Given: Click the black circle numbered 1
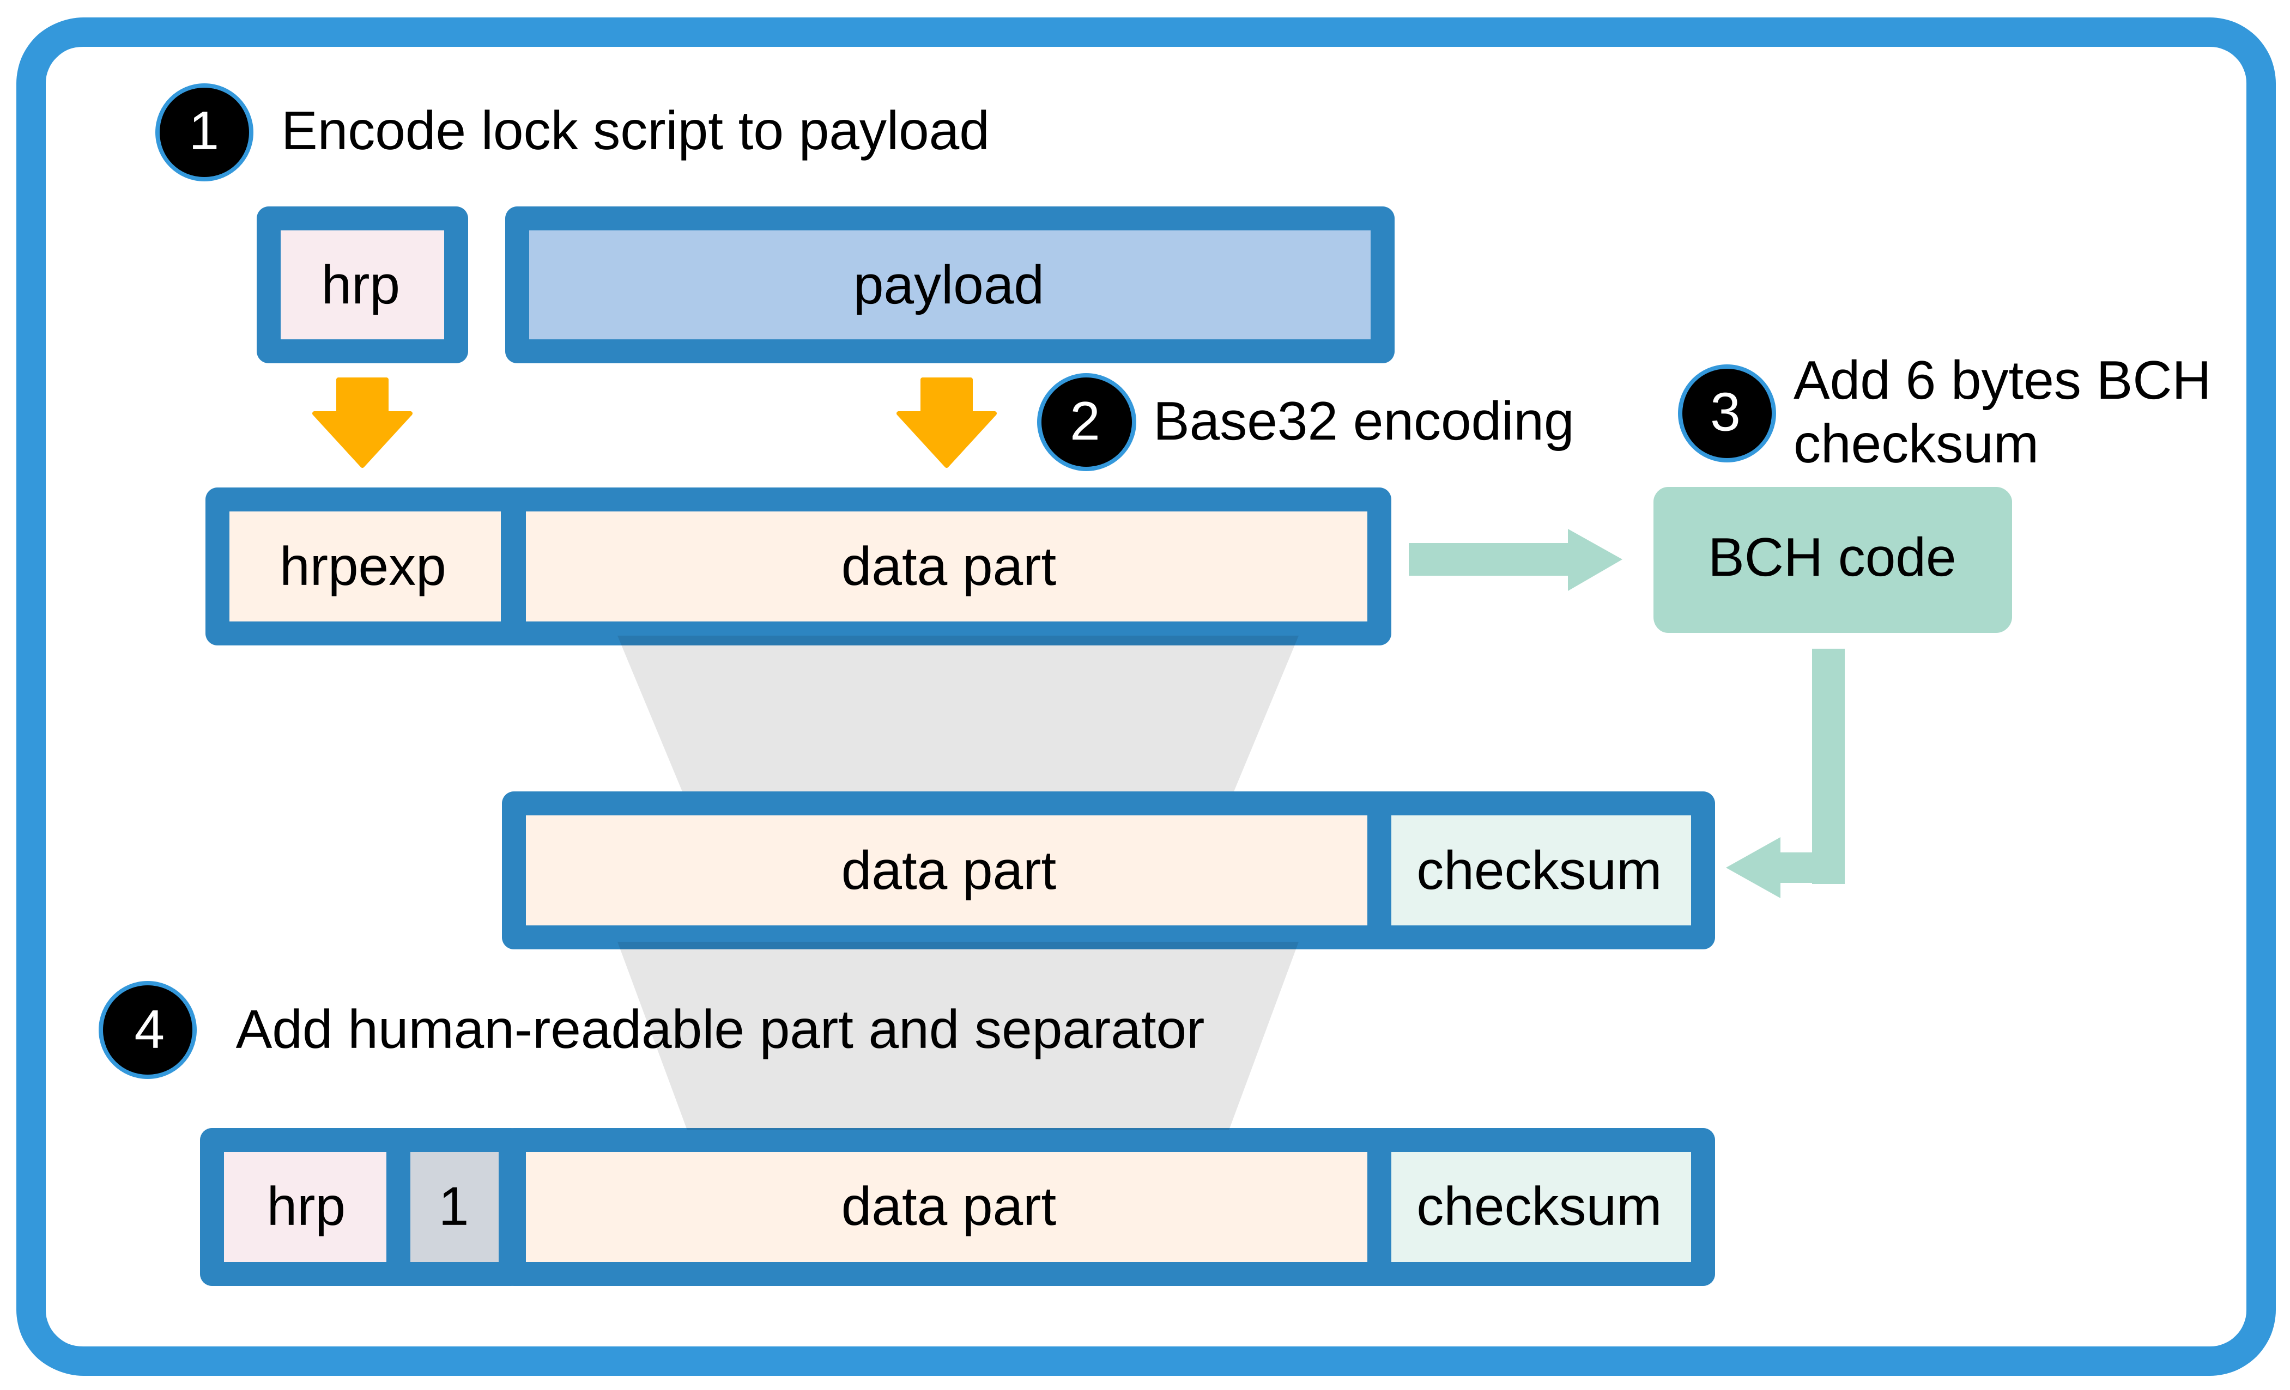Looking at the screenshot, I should [203, 132].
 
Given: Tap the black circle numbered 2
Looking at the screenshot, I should [1086, 422].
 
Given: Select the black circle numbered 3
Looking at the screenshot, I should [1726, 412].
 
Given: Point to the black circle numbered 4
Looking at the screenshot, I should [148, 1029].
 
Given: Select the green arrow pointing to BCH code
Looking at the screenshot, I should [1515, 559].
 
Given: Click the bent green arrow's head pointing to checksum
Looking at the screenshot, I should [1756, 868].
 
